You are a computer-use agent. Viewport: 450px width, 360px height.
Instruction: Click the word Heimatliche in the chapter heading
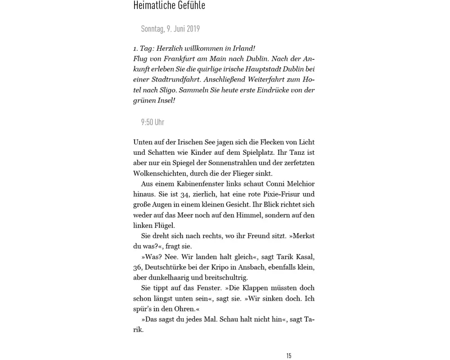click(151, 5)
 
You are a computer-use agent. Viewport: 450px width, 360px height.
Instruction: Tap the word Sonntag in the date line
click(152, 29)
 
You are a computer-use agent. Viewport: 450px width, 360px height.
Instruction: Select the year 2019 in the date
click(193, 29)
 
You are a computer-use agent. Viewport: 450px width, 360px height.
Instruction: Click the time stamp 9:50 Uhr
click(153, 122)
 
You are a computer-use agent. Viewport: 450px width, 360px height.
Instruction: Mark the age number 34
click(184, 194)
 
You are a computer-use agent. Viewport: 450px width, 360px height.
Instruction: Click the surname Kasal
click(305, 257)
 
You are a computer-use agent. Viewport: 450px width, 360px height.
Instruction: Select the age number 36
click(138, 267)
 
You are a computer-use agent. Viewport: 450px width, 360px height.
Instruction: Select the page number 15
click(289, 356)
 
